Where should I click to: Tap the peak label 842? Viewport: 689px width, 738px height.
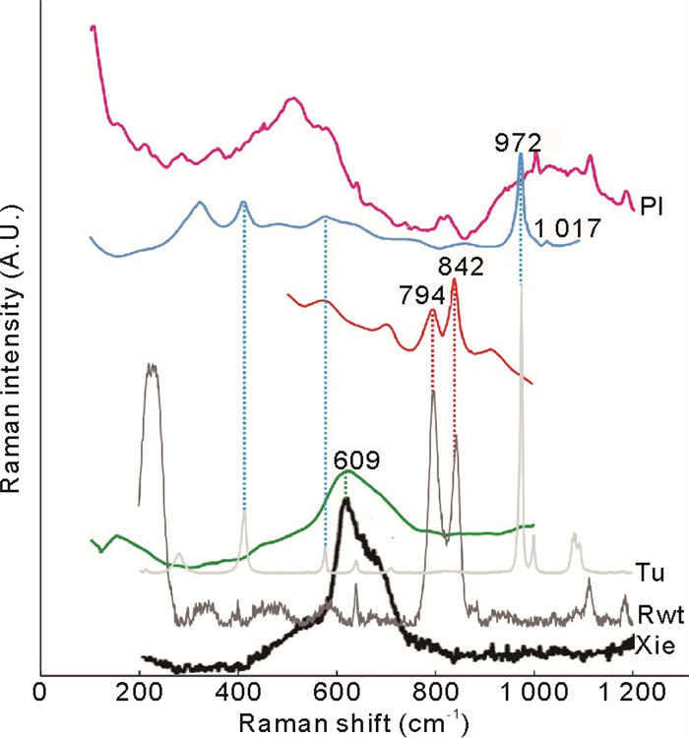[454, 266]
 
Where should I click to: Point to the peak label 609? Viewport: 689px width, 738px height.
[351, 460]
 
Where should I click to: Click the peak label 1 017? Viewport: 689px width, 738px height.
[568, 228]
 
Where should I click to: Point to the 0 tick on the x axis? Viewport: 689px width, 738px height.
[39, 692]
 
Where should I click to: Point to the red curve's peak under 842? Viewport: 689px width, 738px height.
[454, 280]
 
